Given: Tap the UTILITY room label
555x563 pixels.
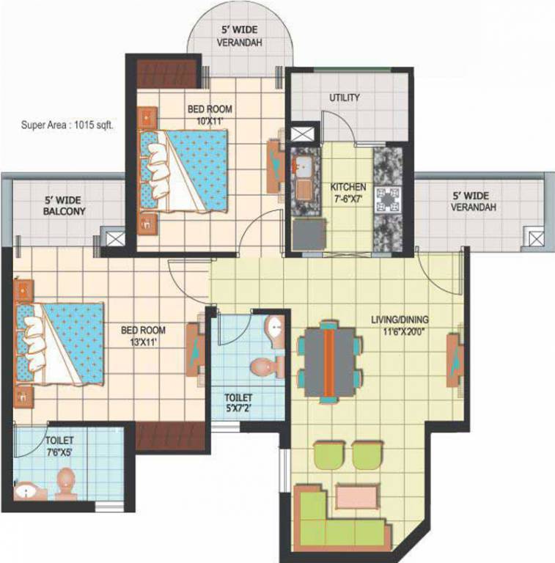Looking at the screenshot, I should pyautogui.click(x=344, y=97).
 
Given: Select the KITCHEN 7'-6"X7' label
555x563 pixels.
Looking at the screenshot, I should pyautogui.click(x=348, y=193).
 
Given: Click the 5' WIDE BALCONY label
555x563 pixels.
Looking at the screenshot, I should pyautogui.click(x=65, y=205).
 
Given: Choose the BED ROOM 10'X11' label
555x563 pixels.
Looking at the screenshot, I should pyautogui.click(x=210, y=114).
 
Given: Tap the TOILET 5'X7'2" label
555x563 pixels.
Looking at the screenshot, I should pyautogui.click(x=239, y=402).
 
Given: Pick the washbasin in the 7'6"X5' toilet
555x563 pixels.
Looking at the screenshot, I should pyautogui.click(x=26, y=491).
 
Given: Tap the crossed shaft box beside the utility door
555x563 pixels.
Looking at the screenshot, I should pyautogui.click(x=301, y=135).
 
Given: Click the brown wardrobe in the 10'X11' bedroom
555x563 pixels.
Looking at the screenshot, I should pyautogui.click(x=168, y=71).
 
